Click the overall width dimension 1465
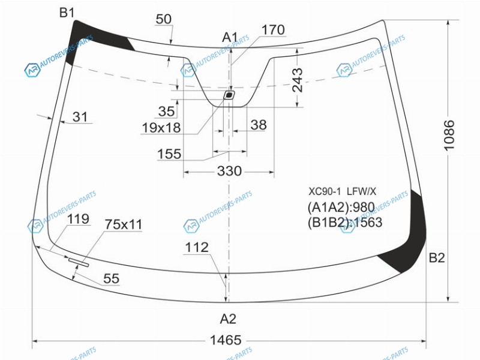point(226,340)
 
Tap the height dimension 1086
point(449,136)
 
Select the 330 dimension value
point(229,171)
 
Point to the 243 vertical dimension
point(297,80)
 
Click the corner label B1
point(67,13)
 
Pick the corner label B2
point(437,258)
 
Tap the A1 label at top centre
point(230,37)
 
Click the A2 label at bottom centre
point(228,319)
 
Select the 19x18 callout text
point(161,128)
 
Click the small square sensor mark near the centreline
point(229,95)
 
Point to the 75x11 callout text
point(124,224)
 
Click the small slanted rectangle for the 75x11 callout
point(79,262)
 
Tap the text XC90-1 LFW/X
point(342,191)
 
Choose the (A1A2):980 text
point(341,208)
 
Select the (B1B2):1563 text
point(345,223)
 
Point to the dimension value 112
point(197,247)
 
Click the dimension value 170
point(273,30)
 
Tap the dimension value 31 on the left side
point(80,117)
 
